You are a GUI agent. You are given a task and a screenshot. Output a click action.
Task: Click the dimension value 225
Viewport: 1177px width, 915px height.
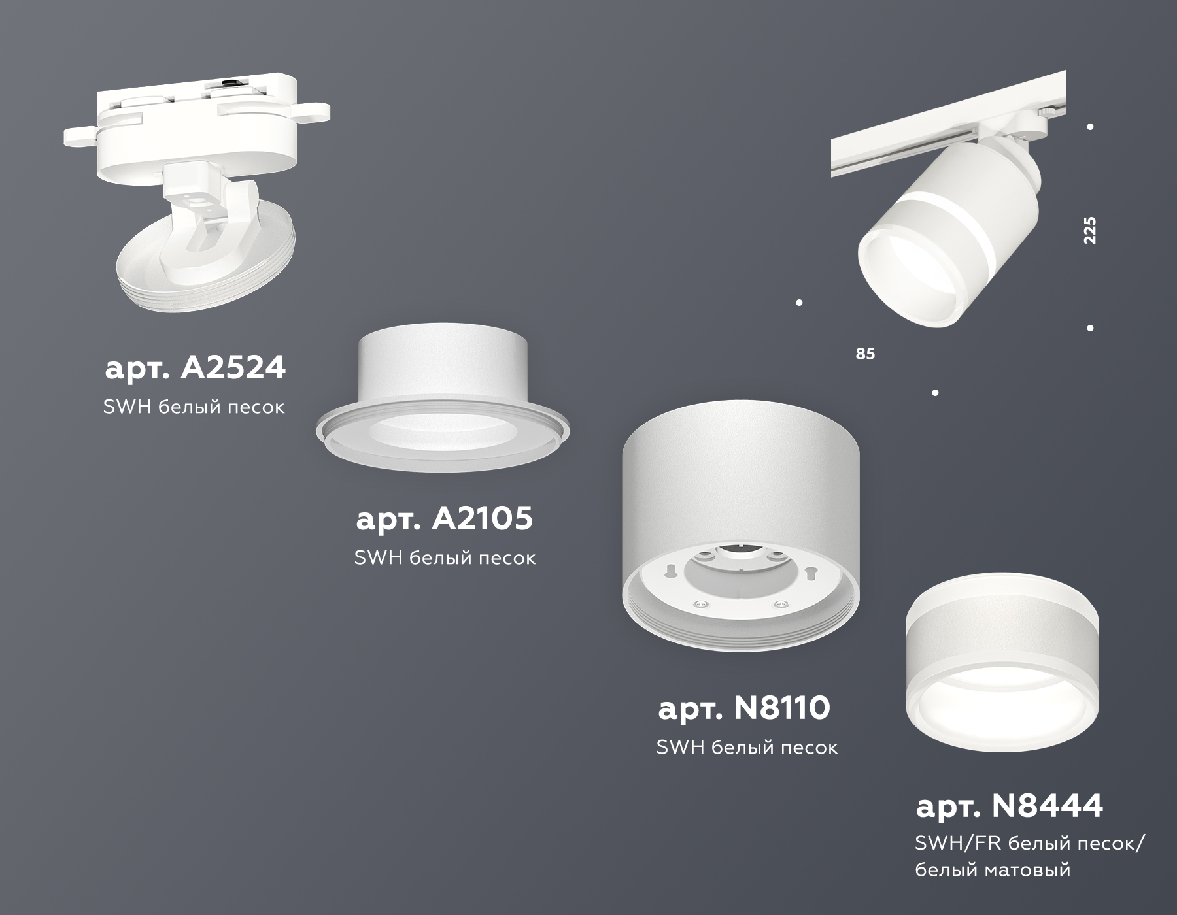click(x=1089, y=230)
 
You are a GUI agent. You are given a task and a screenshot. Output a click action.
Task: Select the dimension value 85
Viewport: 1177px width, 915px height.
click(x=864, y=354)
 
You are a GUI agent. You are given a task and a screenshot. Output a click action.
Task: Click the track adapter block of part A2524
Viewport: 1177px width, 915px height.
click(x=196, y=111)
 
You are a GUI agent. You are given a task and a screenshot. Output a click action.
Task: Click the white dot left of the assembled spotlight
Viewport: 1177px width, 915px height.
click(x=799, y=303)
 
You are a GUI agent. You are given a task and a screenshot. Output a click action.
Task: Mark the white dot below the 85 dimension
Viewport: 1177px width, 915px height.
click(x=935, y=393)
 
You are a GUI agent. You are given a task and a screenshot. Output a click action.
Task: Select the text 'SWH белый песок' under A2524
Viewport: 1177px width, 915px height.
click(x=194, y=407)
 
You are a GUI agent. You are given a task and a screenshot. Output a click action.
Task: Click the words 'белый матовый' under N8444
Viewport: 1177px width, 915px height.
click(x=993, y=870)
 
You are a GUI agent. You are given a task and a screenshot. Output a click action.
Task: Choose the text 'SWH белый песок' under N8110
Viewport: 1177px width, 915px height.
click(x=747, y=748)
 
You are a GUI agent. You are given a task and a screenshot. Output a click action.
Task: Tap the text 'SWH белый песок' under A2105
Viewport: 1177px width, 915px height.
click(x=445, y=558)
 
